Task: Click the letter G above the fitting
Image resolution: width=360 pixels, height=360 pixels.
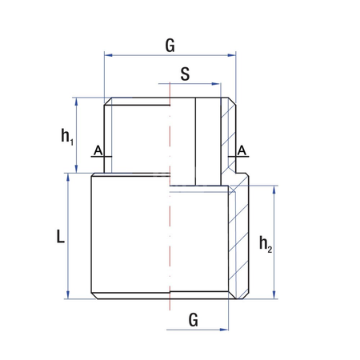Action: [x=170, y=46]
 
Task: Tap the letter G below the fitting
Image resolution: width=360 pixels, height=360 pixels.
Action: [x=193, y=319]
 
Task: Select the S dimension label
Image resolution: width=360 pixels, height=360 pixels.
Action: [x=185, y=74]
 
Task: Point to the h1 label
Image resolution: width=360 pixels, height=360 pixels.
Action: [x=67, y=135]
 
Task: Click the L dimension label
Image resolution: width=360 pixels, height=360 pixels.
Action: [x=60, y=237]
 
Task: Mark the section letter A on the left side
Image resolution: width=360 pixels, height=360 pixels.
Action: [x=97, y=150]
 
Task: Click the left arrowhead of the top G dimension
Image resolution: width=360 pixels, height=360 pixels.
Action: [x=108, y=55]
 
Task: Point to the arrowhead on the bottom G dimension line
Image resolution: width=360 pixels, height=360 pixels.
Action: [x=225, y=329]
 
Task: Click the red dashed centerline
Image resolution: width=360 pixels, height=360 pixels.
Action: [x=170, y=240]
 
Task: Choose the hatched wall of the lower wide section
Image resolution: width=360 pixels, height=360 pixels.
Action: [x=239, y=240]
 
